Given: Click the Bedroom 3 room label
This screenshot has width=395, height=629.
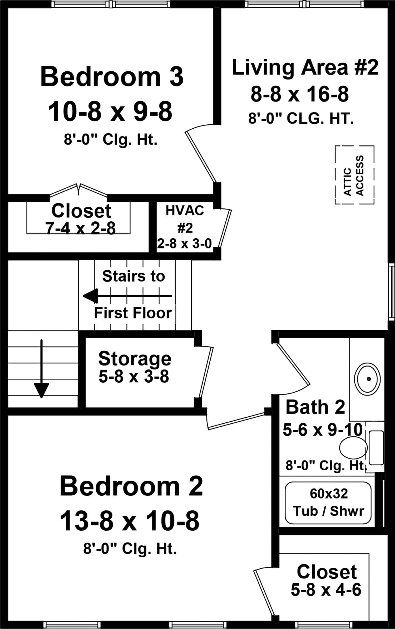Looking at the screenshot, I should (x=112, y=77).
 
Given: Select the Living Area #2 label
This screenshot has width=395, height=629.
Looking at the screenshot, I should (x=305, y=67).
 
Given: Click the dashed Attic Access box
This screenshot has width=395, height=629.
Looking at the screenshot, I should (x=354, y=175).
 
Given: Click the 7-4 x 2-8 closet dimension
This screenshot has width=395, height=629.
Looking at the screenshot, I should (x=80, y=228).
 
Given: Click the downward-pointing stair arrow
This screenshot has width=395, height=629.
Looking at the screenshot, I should (x=42, y=369).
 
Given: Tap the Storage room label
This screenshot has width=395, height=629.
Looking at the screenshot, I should (x=135, y=359).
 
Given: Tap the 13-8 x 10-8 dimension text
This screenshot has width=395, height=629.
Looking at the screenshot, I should (x=129, y=521).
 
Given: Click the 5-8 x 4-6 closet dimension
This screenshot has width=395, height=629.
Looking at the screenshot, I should (x=326, y=589).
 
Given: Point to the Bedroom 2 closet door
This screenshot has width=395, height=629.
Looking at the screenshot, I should (x=263, y=589).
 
